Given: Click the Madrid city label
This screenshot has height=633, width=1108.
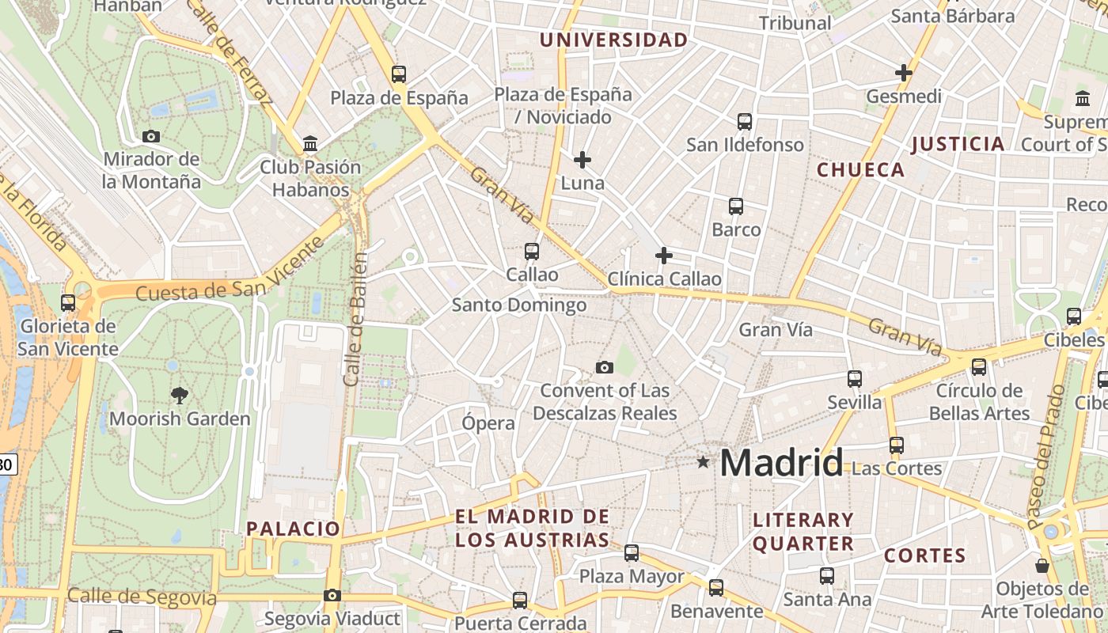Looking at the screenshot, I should (781, 463).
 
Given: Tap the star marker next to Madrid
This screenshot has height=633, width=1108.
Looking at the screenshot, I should (703, 461).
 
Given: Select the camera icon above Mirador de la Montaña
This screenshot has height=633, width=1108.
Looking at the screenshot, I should (151, 136).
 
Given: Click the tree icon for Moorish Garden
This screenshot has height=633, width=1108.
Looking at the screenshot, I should (180, 395).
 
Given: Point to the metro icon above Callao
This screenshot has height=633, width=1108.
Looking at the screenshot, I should (532, 252).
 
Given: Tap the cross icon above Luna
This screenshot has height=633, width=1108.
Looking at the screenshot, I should (582, 160).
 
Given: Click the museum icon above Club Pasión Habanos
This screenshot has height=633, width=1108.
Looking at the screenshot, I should (310, 144).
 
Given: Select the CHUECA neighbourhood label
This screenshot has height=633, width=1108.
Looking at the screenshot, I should (860, 170).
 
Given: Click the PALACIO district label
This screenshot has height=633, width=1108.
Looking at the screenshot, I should (293, 529).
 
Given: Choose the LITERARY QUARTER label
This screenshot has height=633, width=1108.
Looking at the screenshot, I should (803, 532).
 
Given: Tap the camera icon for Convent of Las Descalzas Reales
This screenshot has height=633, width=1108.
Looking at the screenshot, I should (605, 367).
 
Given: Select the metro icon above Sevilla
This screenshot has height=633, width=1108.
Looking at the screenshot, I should (855, 379).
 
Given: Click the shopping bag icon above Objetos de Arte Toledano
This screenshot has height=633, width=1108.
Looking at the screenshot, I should (1042, 566).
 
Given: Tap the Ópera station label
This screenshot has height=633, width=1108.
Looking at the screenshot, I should (488, 423).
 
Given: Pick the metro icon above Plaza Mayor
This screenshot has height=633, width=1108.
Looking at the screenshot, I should (632, 553).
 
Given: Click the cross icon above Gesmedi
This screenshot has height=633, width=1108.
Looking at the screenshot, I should (904, 73).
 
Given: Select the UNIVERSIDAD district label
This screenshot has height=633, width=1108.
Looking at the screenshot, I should (613, 40).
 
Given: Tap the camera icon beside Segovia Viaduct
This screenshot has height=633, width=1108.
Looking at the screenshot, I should (332, 595).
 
